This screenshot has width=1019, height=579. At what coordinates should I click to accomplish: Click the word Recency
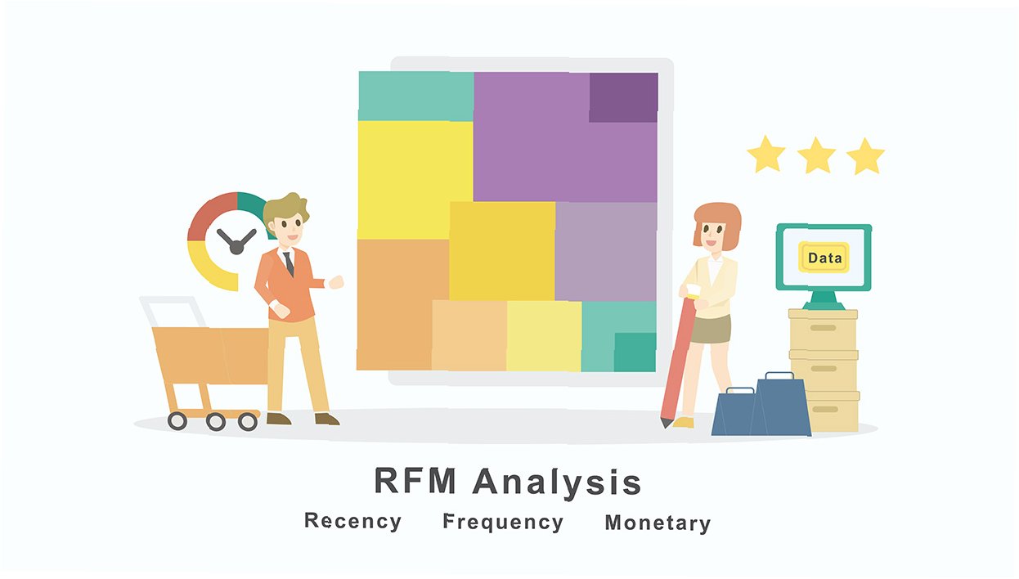click(x=352, y=522)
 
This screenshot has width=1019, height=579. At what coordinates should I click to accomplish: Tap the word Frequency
click(x=503, y=523)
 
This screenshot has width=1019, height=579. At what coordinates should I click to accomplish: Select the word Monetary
click(x=658, y=523)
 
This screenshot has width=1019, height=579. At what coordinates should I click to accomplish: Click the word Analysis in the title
click(x=556, y=482)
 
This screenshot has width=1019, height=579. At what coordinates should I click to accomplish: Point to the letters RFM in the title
click(x=415, y=482)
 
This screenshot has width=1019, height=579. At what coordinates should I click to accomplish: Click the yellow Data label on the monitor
click(x=824, y=258)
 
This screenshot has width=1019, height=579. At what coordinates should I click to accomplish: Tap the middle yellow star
click(x=816, y=155)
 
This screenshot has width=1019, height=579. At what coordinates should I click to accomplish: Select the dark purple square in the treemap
click(x=623, y=97)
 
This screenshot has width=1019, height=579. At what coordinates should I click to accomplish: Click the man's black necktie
click(x=289, y=263)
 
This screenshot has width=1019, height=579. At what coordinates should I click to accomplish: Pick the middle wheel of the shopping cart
click(x=215, y=421)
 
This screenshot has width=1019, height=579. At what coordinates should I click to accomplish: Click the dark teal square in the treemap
click(x=635, y=352)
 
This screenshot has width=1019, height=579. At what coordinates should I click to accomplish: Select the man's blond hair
click(x=285, y=209)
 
